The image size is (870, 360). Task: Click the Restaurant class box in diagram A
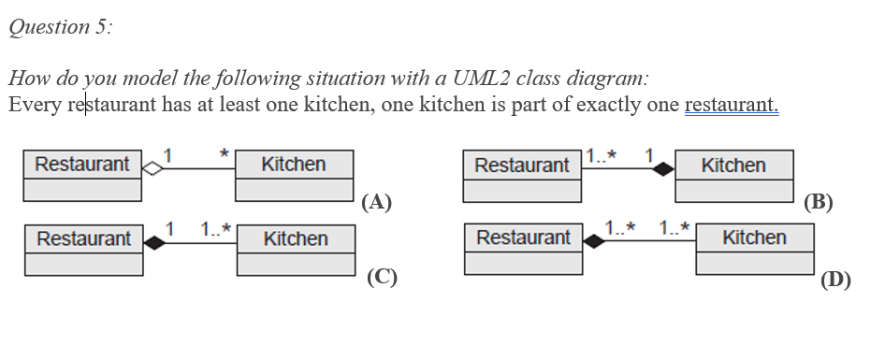coord(82,175)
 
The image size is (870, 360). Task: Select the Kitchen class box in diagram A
coord(294,175)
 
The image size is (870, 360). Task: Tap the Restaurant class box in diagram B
coord(522,176)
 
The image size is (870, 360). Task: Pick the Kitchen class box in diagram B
coord(733,176)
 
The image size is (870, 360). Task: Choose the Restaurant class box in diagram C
coord(84,249)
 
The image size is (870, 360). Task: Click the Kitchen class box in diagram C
coord(296,249)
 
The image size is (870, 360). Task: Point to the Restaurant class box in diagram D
coord(523,248)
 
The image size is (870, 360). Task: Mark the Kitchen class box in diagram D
coord(754,248)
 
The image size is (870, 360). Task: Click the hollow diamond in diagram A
coord(151,169)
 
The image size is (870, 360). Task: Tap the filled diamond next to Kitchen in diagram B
coord(663,170)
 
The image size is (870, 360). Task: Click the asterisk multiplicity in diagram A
coord(224,151)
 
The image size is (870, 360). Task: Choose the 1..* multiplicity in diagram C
coord(215,227)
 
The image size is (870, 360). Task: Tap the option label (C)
coord(383,276)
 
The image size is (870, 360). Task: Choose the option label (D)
coord(834,279)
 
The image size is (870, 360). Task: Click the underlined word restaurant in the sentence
coord(731,104)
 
